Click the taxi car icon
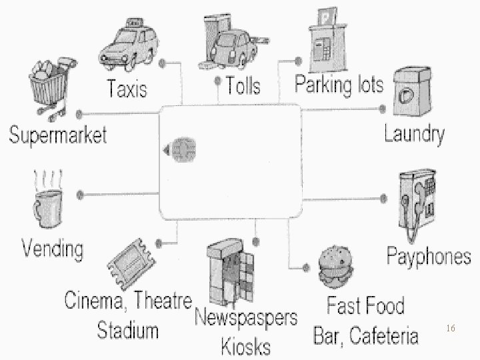coord(130,45)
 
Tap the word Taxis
coord(127,89)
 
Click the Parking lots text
coord(339,85)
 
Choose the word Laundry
coord(414,134)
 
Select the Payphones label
coord(429,256)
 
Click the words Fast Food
coord(365,306)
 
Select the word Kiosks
coord(246,346)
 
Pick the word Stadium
coord(128,330)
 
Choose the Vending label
coord(53,249)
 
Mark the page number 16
coord(451,329)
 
